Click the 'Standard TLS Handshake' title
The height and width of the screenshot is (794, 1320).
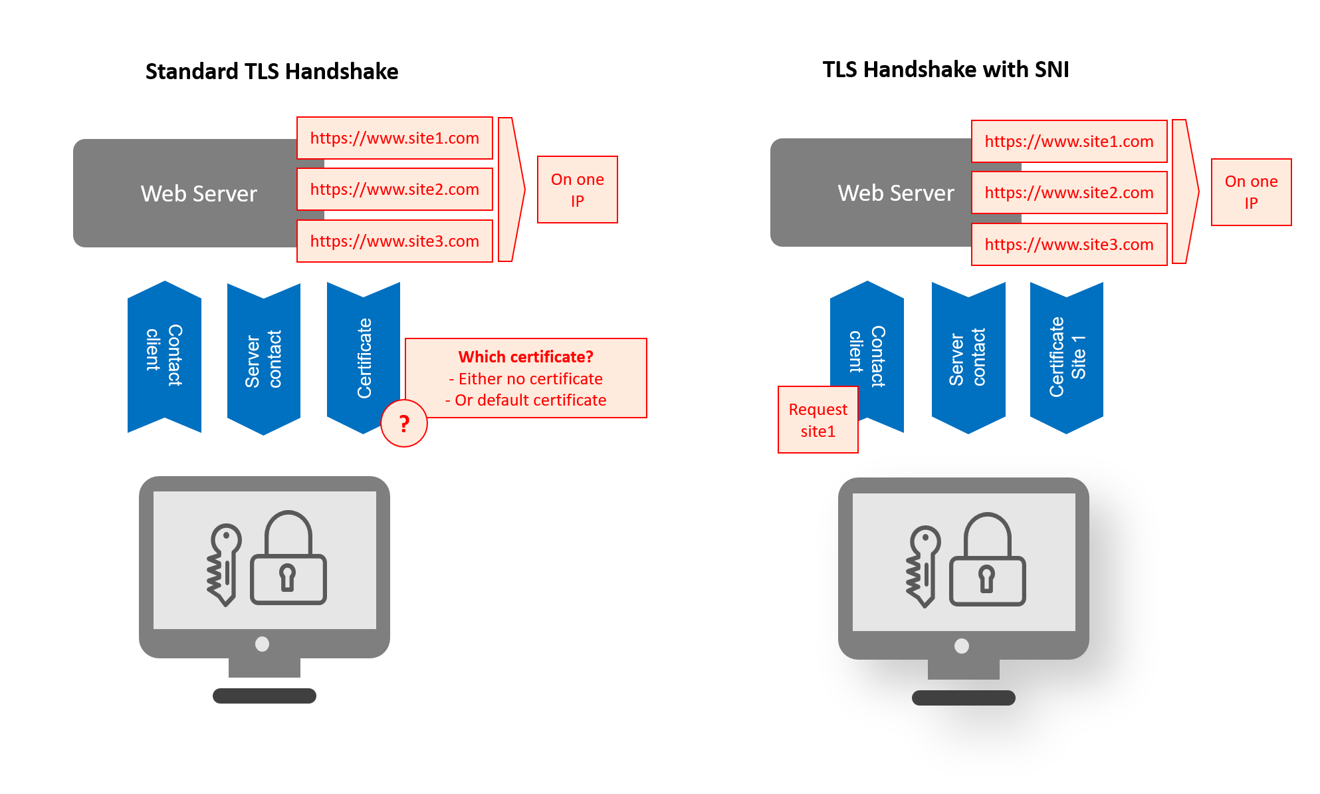[x=272, y=71]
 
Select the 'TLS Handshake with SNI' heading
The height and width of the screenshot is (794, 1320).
[x=946, y=69]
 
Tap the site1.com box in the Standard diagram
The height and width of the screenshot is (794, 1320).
[x=395, y=138]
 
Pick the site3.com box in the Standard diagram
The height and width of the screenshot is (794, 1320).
[x=395, y=241]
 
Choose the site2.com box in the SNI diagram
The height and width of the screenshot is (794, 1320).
[x=1069, y=193]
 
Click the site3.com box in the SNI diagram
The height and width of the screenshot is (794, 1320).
[x=1069, y=245]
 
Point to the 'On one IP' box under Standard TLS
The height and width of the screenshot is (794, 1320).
[x=578, y=190]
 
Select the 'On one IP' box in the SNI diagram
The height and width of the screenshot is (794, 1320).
[x=1252, y=192]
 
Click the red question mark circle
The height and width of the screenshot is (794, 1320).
[x=404, y=424]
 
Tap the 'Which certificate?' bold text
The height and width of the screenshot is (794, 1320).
[x=526, y=357]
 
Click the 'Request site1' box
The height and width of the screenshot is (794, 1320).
[x=818, y=420]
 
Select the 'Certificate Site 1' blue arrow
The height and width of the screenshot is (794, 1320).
[x=1067, y=358]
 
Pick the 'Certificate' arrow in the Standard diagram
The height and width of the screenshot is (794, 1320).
[x=364, y=358]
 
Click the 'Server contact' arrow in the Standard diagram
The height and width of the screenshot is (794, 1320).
[x=264, y=359]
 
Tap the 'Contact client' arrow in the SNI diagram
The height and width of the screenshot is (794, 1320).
[x=867, y=356]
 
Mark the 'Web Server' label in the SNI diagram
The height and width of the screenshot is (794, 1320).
[x=896, y=193]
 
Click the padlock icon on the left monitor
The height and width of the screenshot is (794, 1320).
[x=288, y=557]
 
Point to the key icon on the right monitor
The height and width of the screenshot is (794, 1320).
[x=923, y=567]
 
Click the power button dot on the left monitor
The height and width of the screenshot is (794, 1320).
[x=263, y=644]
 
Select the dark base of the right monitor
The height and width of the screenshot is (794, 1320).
[x=964, y=698]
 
